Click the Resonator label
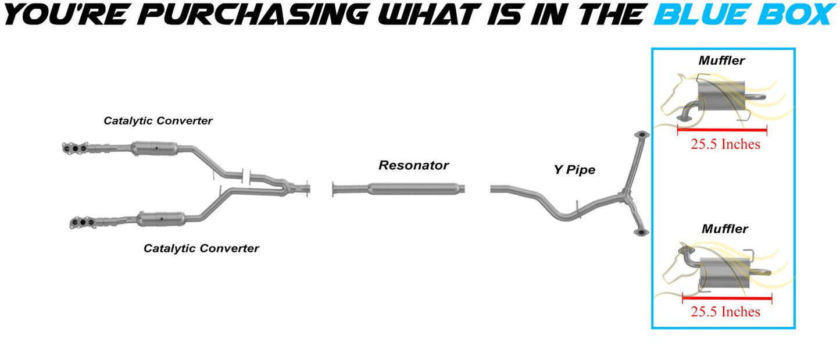pos(413,165)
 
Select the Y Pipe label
pos(574,170)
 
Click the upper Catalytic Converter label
pos(158,121)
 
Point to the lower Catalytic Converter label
pos(201,248)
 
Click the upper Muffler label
pos(721,60)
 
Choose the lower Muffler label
pos(724,229)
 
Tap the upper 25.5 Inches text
pos(725,144)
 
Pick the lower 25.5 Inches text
pos(725,312)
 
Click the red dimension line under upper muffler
pos(722,131)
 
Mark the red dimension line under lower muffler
pos(727,298)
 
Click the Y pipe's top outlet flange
pos(641,135)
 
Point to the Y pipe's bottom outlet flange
pos(640,233)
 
